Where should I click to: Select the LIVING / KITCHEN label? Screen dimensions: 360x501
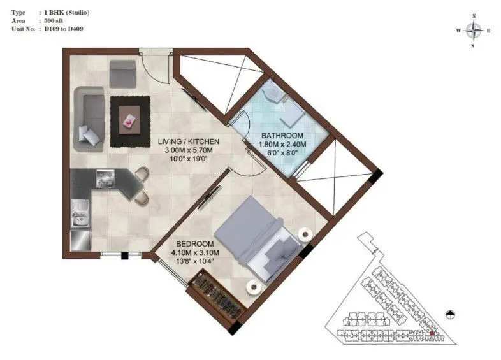pyautogui.click(x=189, y=141)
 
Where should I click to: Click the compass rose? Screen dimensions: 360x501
pyautogui.click(x=473, y=30)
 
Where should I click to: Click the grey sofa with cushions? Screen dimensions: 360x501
pyautogui.click(x=89, y=117)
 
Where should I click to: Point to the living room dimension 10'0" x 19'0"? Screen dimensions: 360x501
pyautogui.click(x=189, y=159)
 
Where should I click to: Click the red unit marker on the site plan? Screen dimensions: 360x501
pyautogui.click(x=432, y=332)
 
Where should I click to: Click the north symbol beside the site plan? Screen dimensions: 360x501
pyautogui.click(x=451, y=313)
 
